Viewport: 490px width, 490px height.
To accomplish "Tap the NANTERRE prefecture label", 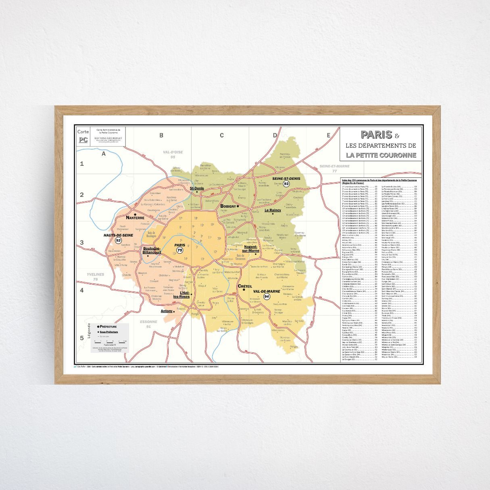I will [x=135, y=218].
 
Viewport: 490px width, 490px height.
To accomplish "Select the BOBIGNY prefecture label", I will [x=228, y=206].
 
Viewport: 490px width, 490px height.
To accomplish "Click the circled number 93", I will [x=286, y=184].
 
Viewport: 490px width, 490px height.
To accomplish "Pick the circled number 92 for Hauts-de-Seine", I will [x=118, y=240].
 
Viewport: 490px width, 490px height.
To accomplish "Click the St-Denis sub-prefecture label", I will [x=197, y=188].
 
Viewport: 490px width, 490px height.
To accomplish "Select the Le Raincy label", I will [x=273, y=210].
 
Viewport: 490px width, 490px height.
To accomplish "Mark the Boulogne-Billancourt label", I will [x=152, y=250].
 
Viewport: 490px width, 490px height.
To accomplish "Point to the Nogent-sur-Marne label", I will [x=251, y=248].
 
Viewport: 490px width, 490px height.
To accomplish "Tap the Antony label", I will [x=167, y=311].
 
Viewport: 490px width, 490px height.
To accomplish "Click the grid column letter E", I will [x=328, y=136].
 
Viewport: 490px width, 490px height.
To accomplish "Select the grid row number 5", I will [x=82, y=338].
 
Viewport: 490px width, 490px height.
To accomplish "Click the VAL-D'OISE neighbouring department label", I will [x=173, y=152].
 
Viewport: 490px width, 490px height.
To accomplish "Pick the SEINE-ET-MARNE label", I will [x=334, y=166].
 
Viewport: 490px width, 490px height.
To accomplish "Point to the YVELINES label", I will [x=96, y=275].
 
